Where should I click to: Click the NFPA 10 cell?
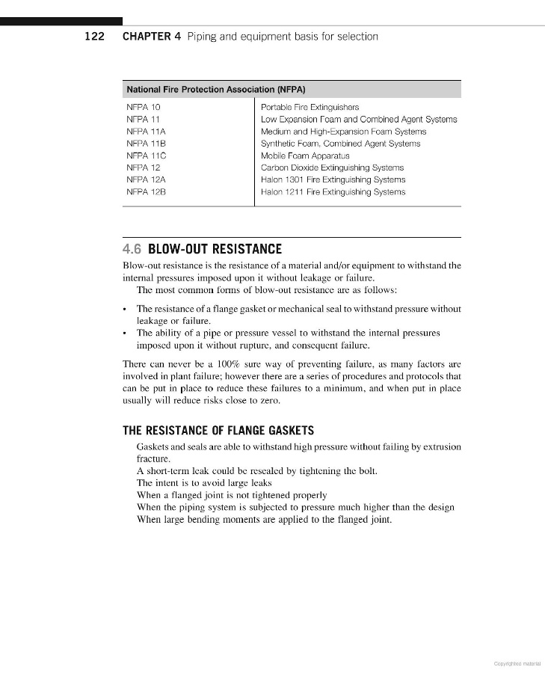(x=144, y=107)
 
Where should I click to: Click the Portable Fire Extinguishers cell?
(x=310, y=107)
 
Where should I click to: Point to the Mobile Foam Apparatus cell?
(x=305, y=156)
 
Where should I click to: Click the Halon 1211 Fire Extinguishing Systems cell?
(x=333, y=192)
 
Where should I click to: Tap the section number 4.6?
(x=132, y=249)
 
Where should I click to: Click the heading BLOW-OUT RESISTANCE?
(x=215, y=249)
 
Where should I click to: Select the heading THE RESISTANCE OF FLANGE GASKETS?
(x=218, y=431)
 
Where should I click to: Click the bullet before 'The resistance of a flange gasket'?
(x=125, y=309)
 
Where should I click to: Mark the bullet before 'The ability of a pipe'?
(x=125, y=333)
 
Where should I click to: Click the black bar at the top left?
(x=61, y=22)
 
